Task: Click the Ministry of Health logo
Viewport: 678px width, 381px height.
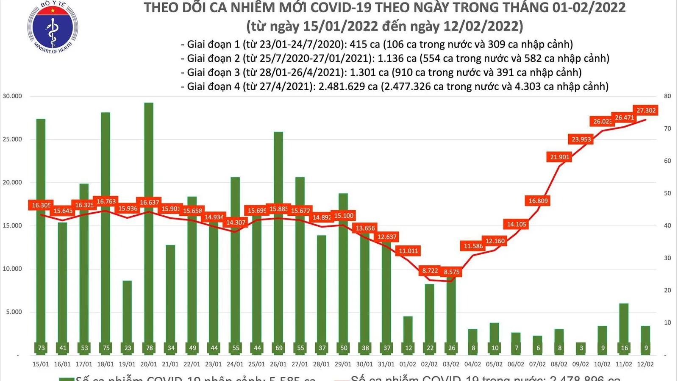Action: point(53,27)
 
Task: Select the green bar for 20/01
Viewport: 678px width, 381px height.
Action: point(149,229)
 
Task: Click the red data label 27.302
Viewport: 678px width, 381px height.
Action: point(646,111)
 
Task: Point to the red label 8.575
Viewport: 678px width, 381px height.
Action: point(451,272)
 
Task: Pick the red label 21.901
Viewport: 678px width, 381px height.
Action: point(559,157)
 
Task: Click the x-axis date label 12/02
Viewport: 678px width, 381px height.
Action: point(645,364)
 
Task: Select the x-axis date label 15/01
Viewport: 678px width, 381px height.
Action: point(41,364)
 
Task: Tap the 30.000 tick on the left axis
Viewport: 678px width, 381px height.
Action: point(12,96)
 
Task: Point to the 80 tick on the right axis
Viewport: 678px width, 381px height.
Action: point(667,96)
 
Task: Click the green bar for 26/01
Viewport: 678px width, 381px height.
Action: point(278,242)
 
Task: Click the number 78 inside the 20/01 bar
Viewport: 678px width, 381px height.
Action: point(149,348)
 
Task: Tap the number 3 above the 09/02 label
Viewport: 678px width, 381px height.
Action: point(581,348)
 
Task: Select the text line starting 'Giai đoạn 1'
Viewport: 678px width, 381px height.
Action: point(377,44)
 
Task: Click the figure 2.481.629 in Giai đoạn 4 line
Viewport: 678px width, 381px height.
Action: point(342,86)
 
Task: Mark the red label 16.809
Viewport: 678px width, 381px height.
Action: point(538,201)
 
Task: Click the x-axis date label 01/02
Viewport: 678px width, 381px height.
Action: point(408,364)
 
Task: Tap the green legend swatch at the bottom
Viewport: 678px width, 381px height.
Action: point(67,378)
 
